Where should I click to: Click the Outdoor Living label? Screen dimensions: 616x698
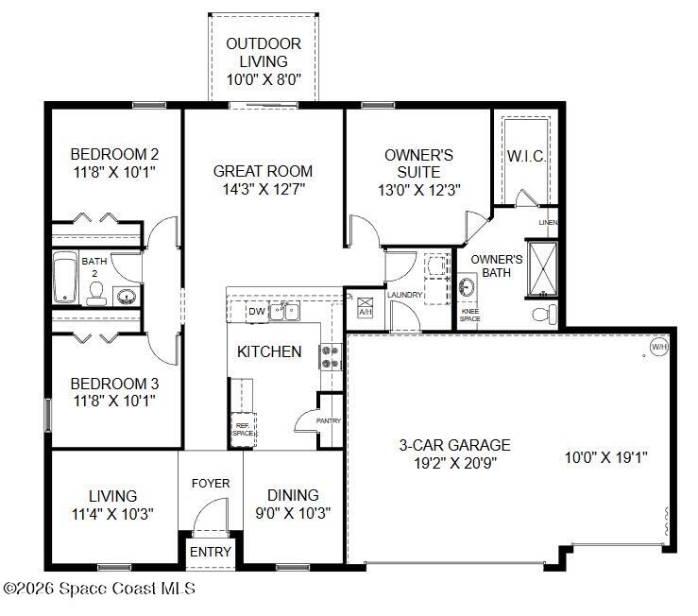click(264, 61)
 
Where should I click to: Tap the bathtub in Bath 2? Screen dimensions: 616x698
click(66, 277)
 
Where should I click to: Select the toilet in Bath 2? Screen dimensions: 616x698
click(96, 297)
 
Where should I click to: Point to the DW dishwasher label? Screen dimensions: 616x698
click(256, 311)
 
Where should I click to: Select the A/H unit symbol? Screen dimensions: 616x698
click(366, 309)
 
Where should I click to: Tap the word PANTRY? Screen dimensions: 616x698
click(328, 420)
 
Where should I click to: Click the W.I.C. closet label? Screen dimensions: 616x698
click(526, 155)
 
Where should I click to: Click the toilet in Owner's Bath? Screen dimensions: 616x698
click(544, 313)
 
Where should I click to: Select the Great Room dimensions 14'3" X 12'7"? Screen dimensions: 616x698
click(263, 189)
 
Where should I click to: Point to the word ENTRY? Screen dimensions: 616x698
click(210, 552)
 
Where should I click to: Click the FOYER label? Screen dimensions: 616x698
click(211, 484)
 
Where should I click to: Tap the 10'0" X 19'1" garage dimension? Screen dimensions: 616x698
click(605, 457)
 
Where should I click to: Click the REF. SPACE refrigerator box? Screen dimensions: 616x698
click(244, 428)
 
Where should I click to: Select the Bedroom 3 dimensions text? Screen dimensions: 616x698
click(114, 401)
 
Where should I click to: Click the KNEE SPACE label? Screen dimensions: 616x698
click(469, 316)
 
